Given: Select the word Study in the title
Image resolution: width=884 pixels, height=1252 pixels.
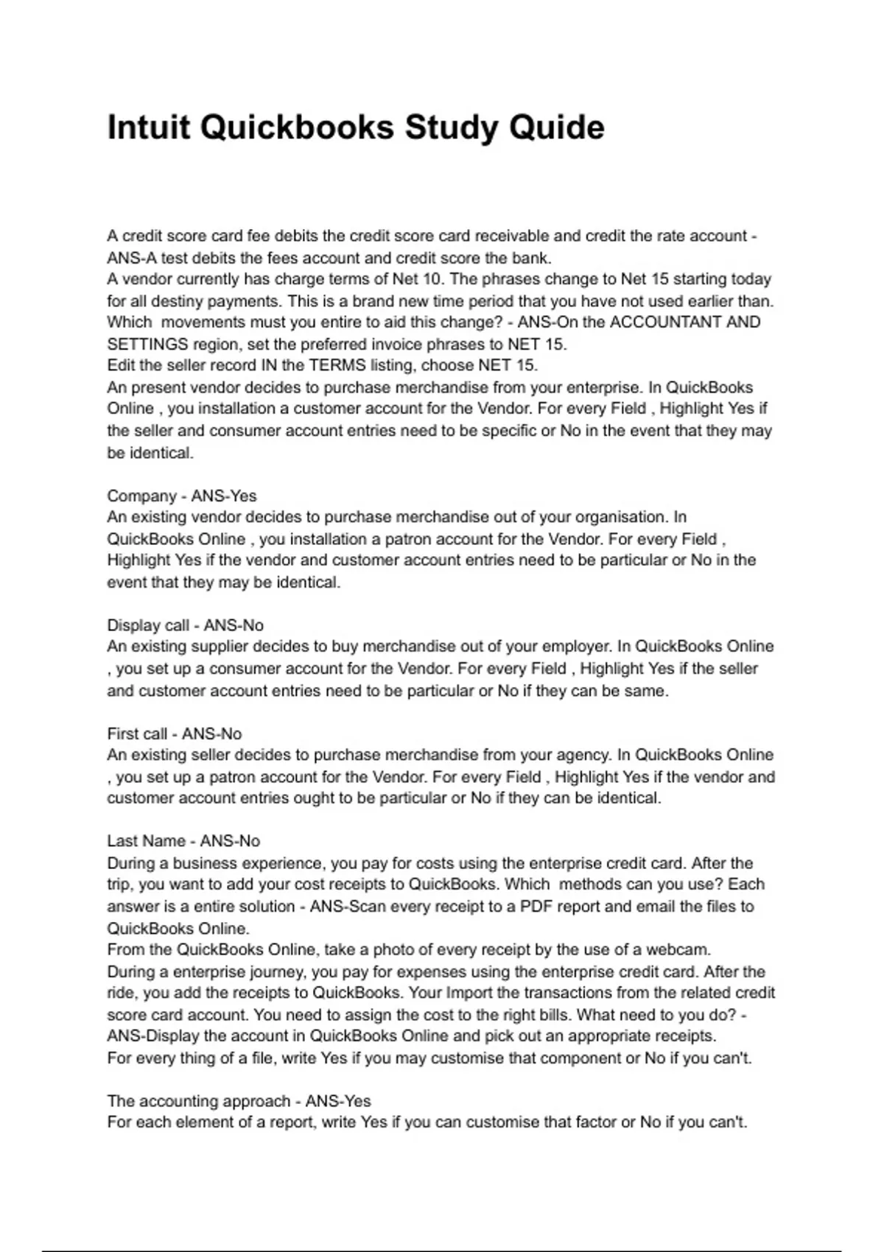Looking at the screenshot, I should pos(446,127).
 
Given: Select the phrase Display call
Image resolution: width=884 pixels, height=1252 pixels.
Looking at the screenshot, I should pos(148,625).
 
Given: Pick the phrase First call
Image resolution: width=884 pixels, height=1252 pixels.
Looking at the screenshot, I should pos(137,734).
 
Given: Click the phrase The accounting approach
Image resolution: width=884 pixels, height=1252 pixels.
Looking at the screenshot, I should pos(198,1101).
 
